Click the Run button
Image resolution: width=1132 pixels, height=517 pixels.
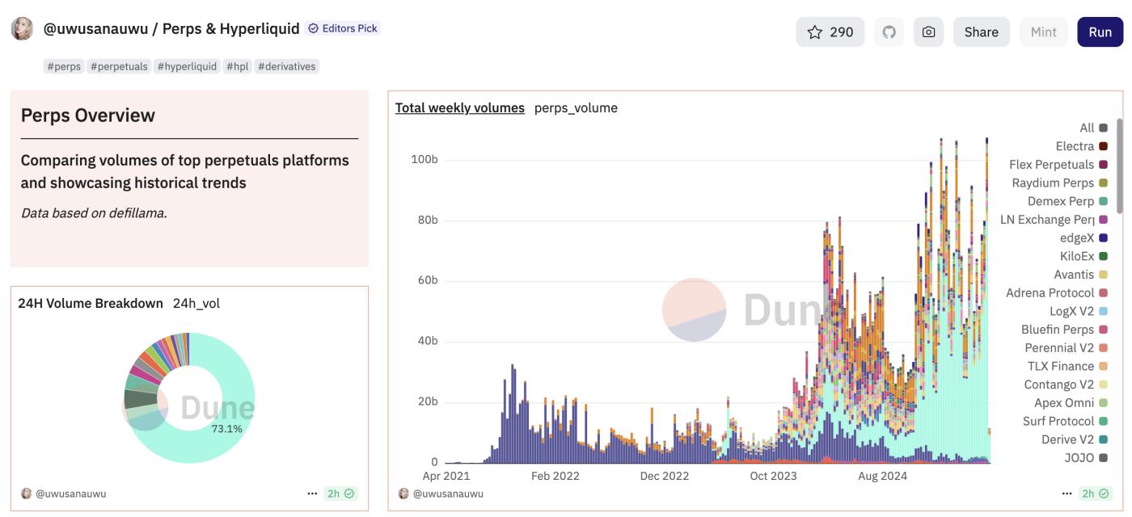(1100, 32)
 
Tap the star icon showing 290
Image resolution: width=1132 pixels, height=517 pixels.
(830, 32)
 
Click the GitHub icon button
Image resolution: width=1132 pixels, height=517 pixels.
(889, 32)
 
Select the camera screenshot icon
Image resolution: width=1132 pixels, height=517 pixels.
(928, 32)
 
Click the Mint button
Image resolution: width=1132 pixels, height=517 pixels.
(1043, 32)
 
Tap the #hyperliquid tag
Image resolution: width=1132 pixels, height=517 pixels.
(187, 66)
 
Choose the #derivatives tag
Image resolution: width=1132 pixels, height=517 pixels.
(286, 66)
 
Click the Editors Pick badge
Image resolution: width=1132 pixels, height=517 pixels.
(344, 28)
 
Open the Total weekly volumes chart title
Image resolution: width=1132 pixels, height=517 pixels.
(459, 107)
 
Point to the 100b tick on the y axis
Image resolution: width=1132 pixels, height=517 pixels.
(424, 159)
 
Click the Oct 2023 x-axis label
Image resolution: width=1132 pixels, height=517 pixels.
(773, 476)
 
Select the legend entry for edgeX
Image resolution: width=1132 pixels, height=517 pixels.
(1077, 238)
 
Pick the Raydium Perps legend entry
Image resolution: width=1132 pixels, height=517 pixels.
(1053, 183)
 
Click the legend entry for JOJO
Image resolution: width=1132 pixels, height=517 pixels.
(1079, 458)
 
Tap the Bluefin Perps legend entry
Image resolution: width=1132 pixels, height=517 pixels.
(1058, 330)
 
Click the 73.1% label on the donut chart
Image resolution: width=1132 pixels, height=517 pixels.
(226, 429)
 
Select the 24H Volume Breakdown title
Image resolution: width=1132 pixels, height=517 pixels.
(91, 303)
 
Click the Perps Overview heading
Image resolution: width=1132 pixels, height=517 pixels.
(88, 115)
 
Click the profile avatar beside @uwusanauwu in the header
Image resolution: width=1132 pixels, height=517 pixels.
(22, 29)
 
